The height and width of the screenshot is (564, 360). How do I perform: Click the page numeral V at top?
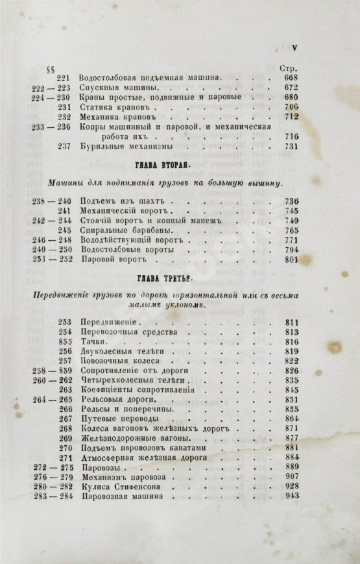click(294, 47)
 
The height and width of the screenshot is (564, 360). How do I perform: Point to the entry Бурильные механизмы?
click(124, 146)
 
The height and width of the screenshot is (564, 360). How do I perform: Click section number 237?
click(64, 146)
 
